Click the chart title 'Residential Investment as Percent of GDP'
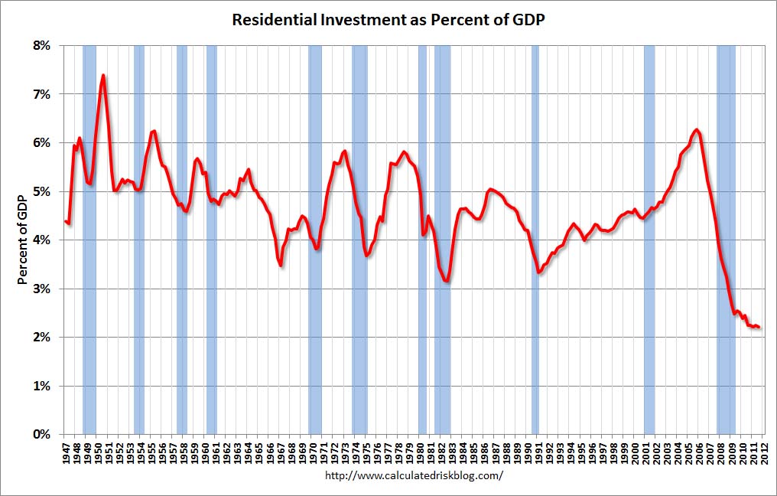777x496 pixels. [x=388, y=20]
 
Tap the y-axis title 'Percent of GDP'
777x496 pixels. [x=24, y=240]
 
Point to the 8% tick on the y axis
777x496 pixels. [x=40, y=46]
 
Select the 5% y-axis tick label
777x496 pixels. [x=40, y=191]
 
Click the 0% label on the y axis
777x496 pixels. [x=40, y=434]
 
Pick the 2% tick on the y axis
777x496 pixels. [x=40, y=337]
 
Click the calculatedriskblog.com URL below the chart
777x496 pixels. [x=414, y=475]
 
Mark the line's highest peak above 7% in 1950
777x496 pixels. [x=103, y=75]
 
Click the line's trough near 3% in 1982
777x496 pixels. [x=446, y=281]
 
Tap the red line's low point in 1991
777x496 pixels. [x=539, y=272]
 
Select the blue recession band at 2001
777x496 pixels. [x=649, y=240]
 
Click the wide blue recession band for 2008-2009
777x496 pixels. [x=726, y=240]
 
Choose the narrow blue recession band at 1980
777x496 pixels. [x=422, y=240]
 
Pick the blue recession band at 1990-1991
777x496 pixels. [x=535, y=240]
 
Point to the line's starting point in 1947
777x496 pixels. [x=66, y=221]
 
